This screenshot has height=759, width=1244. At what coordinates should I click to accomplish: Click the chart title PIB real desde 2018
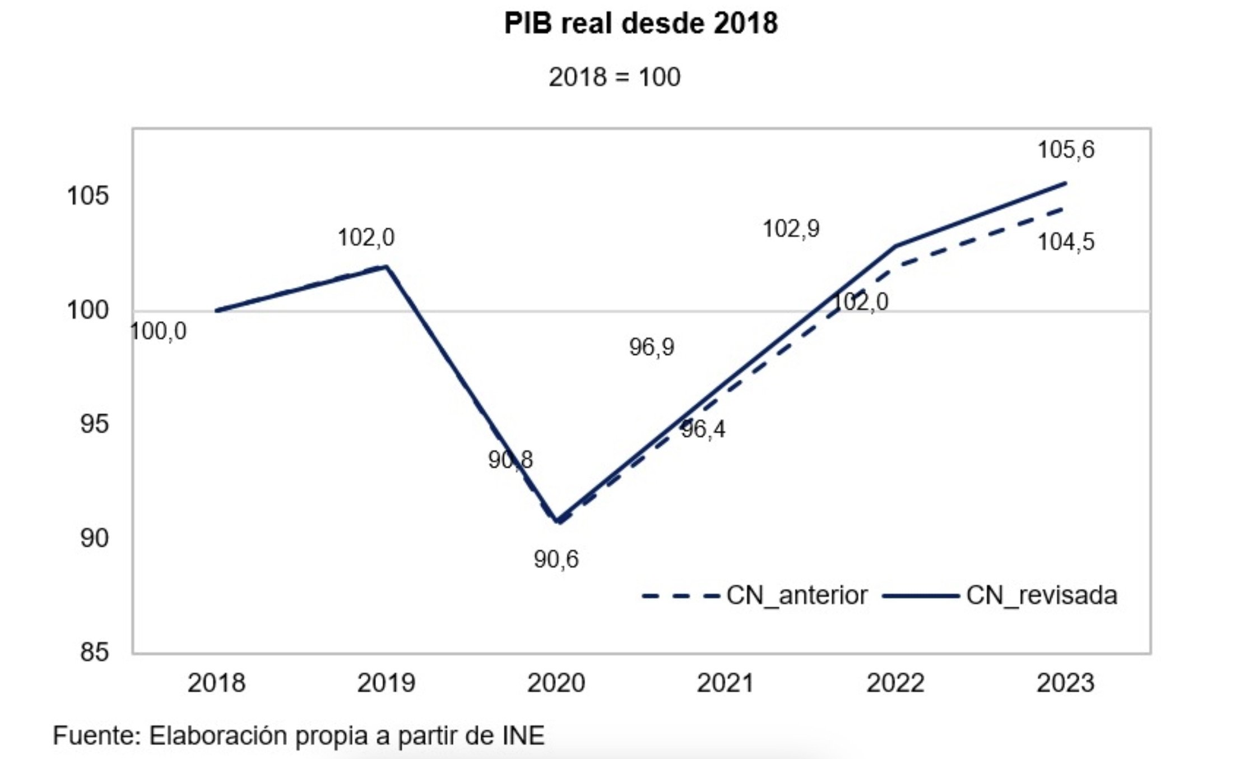tap(640, 24)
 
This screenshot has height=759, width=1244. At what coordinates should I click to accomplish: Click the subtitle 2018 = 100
tap(614, 77)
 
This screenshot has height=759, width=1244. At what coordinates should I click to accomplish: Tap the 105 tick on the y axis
tap(87, 196)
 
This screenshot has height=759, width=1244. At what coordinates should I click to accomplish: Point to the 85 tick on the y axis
tap(94, 652)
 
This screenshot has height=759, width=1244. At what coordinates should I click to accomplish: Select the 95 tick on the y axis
tap(94, 424)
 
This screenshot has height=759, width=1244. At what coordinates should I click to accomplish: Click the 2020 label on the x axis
tap(556, 683)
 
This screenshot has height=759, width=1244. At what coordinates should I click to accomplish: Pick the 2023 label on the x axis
tap(1065, 683)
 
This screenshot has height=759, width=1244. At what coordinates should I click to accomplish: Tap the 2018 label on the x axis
tap(216, 683)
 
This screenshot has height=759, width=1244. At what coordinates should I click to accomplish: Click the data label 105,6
tap(1065, 150)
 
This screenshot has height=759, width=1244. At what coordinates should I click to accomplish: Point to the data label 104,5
tap(1065, 242)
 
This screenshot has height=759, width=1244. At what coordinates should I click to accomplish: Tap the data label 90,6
tap(556, 559)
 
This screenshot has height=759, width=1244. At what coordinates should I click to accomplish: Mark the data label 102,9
tap(791, 229)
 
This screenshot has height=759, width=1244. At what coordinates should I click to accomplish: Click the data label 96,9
tap(651, 348)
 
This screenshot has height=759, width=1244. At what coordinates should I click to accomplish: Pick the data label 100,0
tap(158, 331)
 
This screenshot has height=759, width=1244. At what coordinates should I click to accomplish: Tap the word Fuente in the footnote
tap(95, 735)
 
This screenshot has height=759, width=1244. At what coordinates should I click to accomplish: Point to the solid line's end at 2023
tap(1065, 183)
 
